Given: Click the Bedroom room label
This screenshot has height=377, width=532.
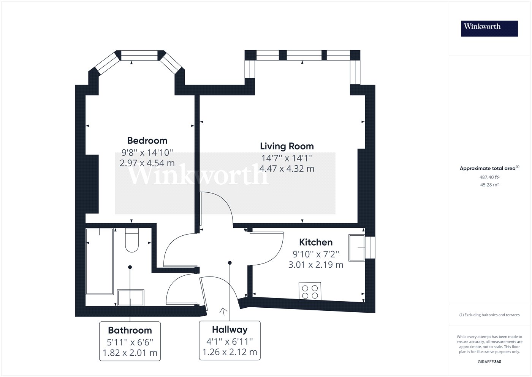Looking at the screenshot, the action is [x=147, y=141].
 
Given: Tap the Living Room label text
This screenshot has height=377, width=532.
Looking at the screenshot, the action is [x=287, y=146].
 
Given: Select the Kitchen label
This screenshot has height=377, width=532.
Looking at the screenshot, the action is [x=316, y=242].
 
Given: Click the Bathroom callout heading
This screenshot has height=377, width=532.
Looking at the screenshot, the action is [x=130, y=331].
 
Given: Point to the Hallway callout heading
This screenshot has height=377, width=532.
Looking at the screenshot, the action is [x=230, y=330].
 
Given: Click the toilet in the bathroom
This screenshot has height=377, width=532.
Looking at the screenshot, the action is [x=132, y=240].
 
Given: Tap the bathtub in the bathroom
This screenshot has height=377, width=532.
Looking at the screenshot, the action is [x=100, y=261].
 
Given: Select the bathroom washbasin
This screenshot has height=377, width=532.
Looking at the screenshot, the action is [x=131, y=297].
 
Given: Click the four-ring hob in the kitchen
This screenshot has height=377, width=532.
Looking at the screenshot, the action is [x=310, y=291].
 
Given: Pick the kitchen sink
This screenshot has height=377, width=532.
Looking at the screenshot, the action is [x=357, y=248].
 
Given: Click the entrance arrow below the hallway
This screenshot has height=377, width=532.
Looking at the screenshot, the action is [x=223, y=312].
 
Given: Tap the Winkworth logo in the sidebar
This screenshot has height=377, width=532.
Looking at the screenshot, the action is [x=489, y=29].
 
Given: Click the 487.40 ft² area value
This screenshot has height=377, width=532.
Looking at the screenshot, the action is [x=489, y=177].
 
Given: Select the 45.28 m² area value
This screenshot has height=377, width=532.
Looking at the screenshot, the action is [x=489, y=185].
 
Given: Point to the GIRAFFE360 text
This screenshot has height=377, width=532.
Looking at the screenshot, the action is [x=489, y=362].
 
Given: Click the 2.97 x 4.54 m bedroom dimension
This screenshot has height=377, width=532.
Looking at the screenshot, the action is [x=147, y=163].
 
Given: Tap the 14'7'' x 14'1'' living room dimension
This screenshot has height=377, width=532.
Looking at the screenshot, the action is [x=287, y=158].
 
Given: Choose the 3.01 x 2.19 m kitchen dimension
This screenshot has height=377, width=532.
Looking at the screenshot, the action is [x=316, y=265].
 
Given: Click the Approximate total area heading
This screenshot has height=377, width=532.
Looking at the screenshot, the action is [x=489, y=168].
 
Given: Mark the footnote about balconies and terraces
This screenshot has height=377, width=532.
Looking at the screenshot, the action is [x=489, y=315].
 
